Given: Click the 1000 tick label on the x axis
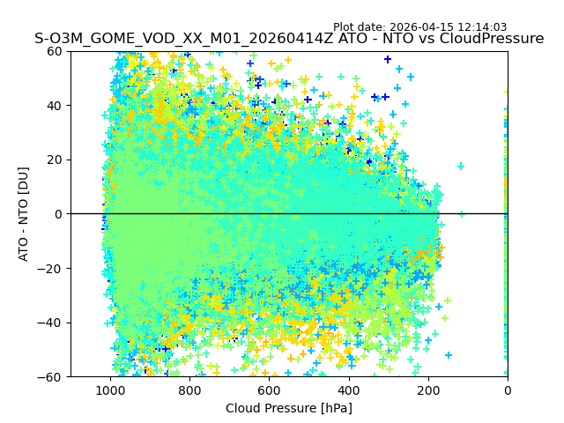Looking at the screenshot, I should coord(110,390).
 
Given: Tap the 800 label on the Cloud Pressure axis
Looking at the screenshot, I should coord(189,390).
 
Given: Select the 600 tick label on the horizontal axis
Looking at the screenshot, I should coord(269,390).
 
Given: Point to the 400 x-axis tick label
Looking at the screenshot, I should coord(348,390).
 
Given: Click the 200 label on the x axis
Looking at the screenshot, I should coord(428,390).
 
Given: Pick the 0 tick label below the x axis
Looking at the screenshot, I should coord(508,390).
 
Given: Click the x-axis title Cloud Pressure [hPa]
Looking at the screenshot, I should coord(289,408).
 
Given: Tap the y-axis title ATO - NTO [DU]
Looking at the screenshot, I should coord(24,214).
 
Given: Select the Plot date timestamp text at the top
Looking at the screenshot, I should coord(419,27).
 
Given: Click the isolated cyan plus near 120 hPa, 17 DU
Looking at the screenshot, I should coord(460,166).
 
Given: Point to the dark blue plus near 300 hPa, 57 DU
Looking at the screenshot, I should coord(388,59).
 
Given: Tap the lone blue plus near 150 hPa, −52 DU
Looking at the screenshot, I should coord(449,355).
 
